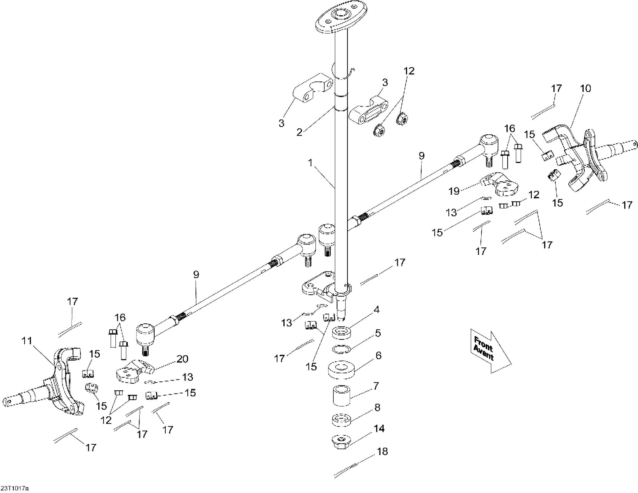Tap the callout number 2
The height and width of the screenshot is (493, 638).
299,132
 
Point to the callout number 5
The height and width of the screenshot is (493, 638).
378,333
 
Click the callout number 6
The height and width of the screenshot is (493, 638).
379,356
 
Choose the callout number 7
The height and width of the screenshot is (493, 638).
376,386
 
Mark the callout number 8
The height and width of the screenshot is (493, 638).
377,407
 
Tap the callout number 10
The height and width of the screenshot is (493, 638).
585,88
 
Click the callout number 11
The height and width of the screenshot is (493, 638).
27,341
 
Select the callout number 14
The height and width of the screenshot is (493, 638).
379,429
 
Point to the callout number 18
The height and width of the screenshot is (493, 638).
382,452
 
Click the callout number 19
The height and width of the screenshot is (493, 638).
454,191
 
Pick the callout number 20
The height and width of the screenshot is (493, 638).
182,359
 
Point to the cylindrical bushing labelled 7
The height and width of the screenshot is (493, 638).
341,396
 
